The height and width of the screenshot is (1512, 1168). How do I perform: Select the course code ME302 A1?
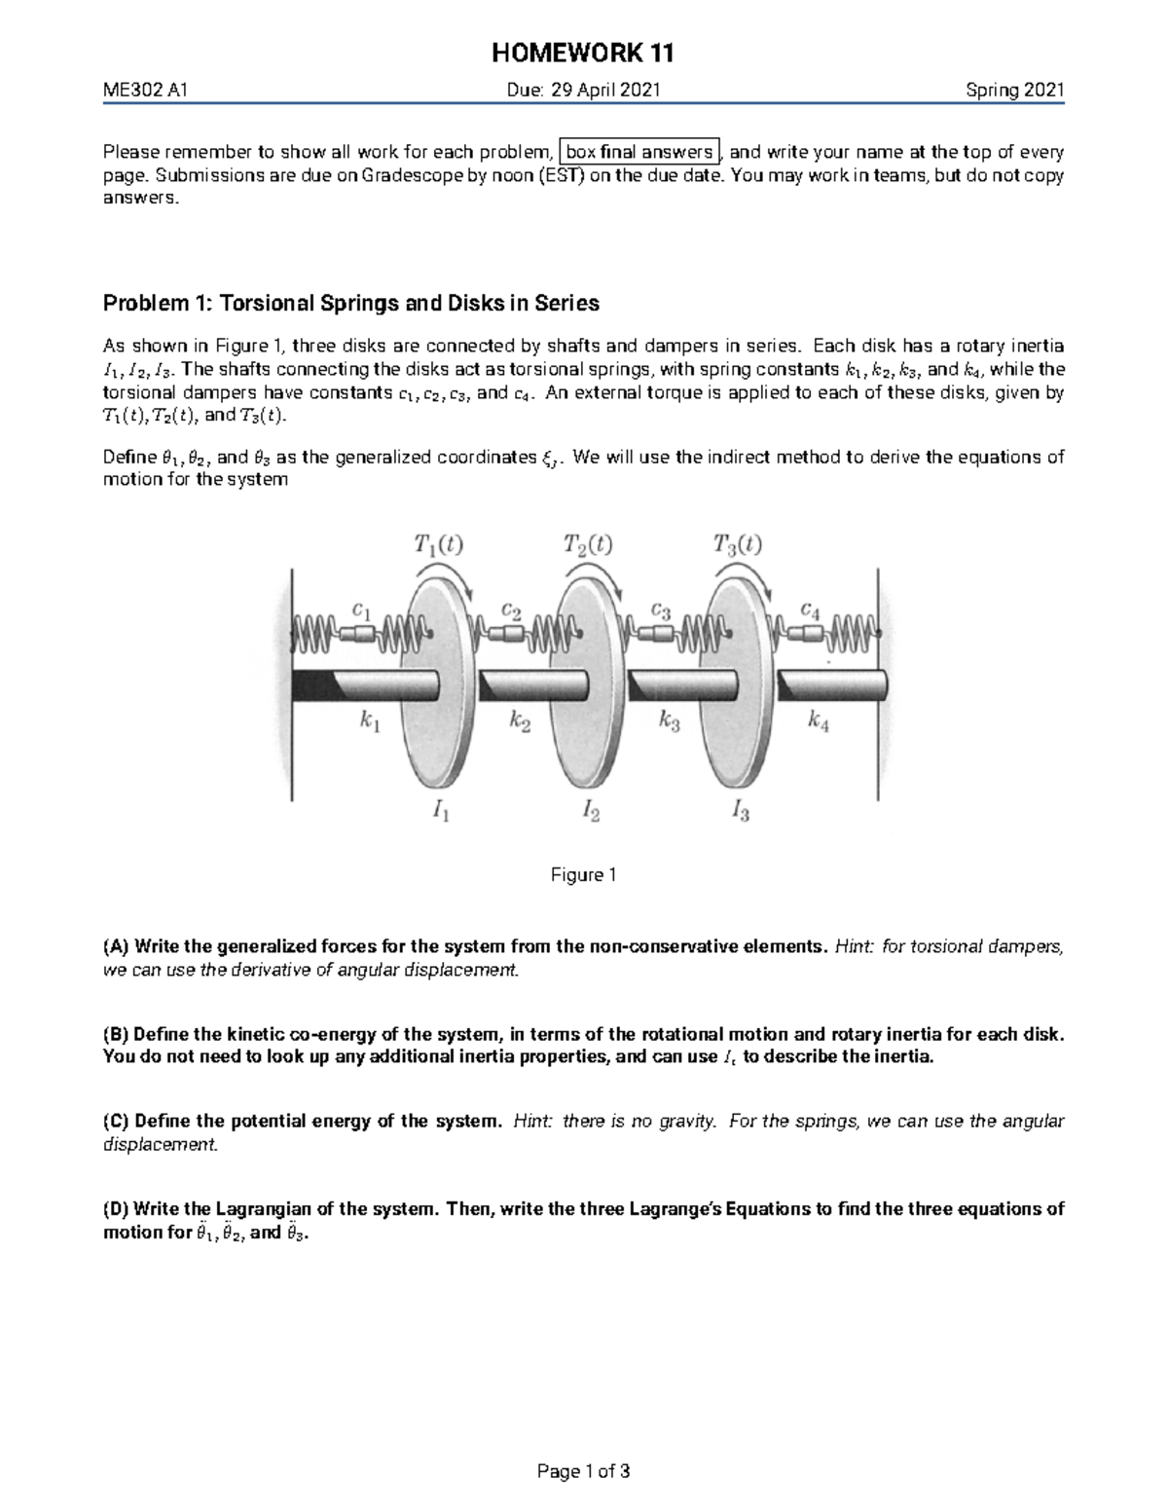(145, 92)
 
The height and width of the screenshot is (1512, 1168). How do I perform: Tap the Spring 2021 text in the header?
(1014, 92)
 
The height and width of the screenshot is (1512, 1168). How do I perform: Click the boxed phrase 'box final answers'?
(639, 152)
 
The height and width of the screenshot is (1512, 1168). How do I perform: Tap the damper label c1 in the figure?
(361, 611)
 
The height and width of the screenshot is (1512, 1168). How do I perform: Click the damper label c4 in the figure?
(810, 611)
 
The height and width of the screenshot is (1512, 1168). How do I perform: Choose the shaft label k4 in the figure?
(819, 721)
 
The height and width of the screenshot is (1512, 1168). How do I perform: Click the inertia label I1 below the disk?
(441, 811)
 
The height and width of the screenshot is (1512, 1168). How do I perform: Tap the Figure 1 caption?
(584, 875)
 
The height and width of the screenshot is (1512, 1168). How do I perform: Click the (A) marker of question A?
(116, 946)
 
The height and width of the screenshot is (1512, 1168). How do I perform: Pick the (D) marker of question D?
(116, 1209)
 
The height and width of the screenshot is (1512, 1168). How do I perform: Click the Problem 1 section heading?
(351, 303)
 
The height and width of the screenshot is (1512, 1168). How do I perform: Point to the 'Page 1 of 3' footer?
(584, 1471)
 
